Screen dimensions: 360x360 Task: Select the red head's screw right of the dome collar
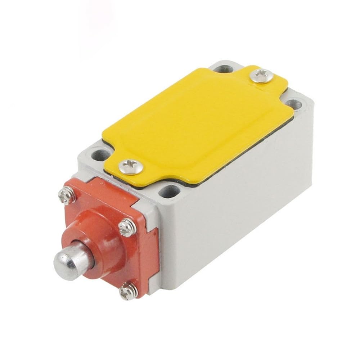(127, 227)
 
